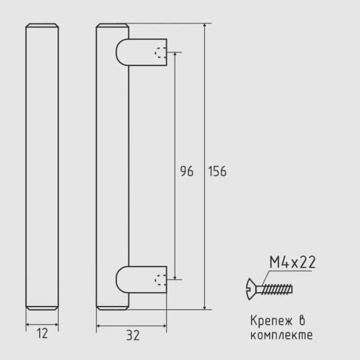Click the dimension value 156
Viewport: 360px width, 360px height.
217,171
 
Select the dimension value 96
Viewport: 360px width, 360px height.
187,171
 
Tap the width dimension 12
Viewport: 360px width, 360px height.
43,334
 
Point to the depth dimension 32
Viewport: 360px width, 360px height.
133,335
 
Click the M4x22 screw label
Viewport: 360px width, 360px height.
293,262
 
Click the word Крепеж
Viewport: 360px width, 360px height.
271,321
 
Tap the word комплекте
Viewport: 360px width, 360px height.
281,335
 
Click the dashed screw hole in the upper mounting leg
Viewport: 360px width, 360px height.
160,53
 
